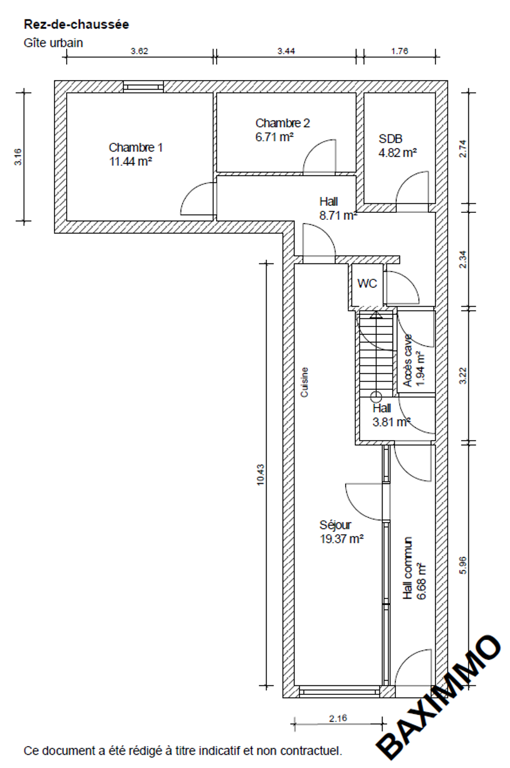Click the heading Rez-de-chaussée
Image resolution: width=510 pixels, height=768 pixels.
point(76,25)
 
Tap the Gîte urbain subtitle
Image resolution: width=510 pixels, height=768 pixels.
point(53,43)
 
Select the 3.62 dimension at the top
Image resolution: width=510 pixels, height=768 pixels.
point(139,51)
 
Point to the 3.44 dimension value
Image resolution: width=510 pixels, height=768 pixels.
point(286,51)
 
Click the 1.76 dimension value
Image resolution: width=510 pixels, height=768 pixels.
point(400,51)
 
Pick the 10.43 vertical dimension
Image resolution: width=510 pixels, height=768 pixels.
point(261,475)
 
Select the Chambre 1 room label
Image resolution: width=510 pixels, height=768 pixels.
point(136,147)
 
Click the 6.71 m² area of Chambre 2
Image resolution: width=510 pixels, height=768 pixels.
point(274,137)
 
